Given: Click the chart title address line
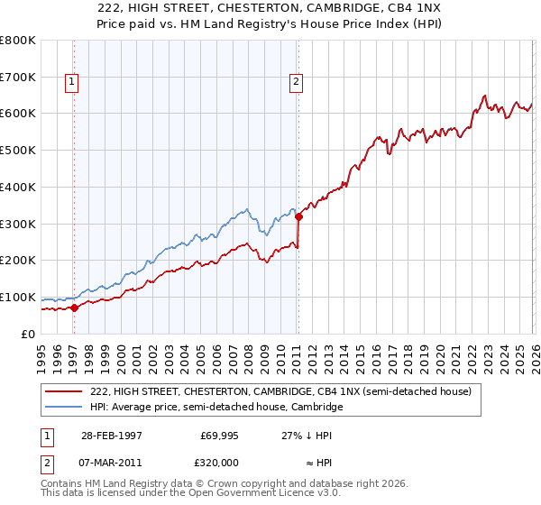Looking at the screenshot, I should coord(270,9).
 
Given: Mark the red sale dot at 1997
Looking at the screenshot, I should coord(75,308).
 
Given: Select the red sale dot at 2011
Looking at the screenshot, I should coord(298,216).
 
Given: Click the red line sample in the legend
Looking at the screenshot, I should coord(64,392).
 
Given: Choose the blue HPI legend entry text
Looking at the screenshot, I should coord(216,408).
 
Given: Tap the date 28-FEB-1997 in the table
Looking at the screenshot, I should coord(111,435).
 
